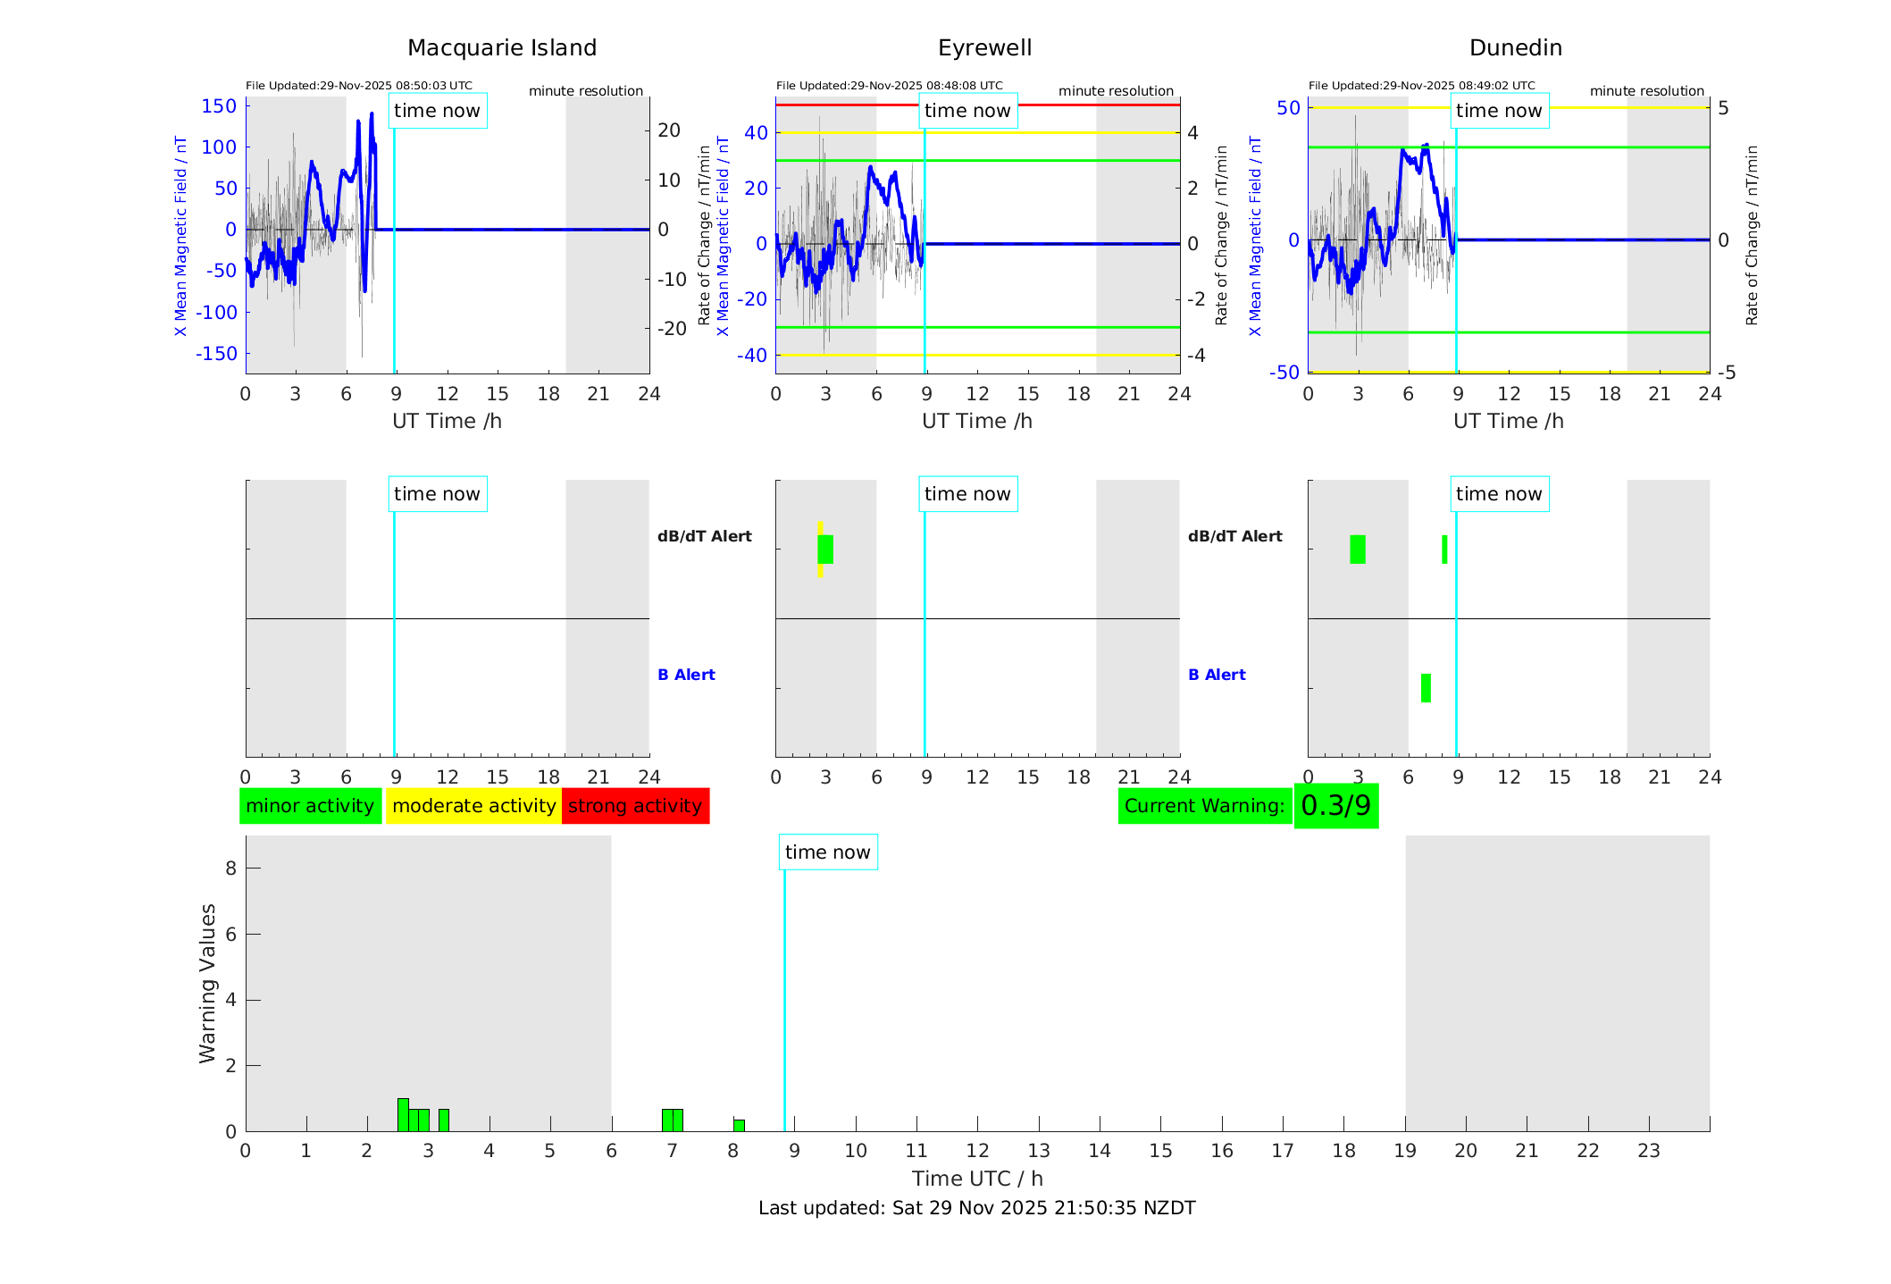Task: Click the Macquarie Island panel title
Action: tap(501, 48)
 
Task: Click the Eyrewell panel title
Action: tap(984, 48)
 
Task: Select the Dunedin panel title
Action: tap(1515, 48)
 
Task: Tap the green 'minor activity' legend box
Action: tap(310, 806)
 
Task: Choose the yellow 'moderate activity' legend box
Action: tap(473, 806)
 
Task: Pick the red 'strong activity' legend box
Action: tap(635, 806)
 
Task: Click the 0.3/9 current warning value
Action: tap(1335, 806)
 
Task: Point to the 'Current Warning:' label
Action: tap(1204, 806)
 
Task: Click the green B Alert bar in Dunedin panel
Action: tap(1426, 688)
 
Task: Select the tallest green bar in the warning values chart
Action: tap(403, 1115)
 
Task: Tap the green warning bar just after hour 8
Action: tap(739, 1126)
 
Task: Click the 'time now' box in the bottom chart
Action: tap(827, 852)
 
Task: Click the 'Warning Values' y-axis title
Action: tap(207, 983)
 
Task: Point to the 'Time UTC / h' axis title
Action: tap(977, 1179)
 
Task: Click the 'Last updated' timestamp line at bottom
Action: tap(976, 1208)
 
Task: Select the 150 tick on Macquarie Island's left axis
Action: tap(219, 106)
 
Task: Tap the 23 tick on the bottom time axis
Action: tap(1648, 1151)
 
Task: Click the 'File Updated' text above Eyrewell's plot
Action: tap(889, 86)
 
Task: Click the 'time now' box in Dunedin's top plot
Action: tap(1499, 111)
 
